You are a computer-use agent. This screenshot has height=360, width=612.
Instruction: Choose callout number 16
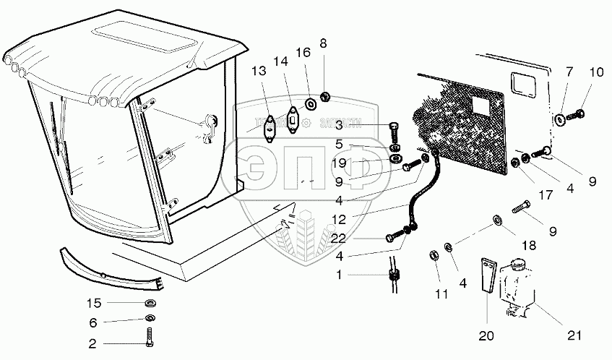[x=304, y=53]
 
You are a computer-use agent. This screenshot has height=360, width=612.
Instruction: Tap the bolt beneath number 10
[x=575, y=115]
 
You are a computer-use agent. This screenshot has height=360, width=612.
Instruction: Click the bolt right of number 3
[x=394, y=132]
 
